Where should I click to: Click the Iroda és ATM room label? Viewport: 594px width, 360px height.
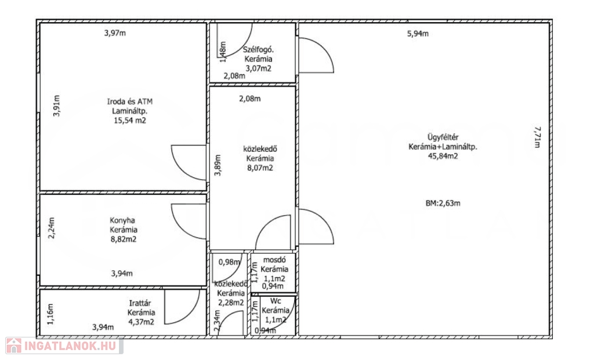(x=130, y=101)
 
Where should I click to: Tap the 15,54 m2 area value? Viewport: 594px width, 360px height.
(x=130, y=121)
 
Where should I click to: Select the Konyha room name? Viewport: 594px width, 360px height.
(x=122, y=220)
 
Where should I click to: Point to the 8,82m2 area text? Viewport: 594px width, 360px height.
(x=124, y=239)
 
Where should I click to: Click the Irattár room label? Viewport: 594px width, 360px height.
(x=140, y=303)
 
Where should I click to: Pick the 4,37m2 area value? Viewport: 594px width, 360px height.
(x=141, y=322)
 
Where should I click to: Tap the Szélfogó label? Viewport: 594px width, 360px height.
(x=258, y=50)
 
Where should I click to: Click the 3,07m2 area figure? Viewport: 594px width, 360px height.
(x=258, y=68)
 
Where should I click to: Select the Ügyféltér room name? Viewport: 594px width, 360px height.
(x=443, y=137)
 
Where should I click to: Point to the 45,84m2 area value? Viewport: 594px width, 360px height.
(x=443, y=156)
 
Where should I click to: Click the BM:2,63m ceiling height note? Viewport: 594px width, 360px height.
(x=443, y=203)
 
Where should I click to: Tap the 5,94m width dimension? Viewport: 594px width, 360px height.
(x=418, y=34)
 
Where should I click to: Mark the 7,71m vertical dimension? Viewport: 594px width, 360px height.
(x=537, y=137)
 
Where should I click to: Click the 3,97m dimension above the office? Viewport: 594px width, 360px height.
(x=115, y=33)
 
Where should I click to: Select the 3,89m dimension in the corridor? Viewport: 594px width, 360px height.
(x=218, y=165)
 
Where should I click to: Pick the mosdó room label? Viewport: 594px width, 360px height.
(x=274, y=260)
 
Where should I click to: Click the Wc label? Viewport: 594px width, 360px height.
(x=276, y=301)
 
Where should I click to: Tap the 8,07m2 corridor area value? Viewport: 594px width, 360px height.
(x=260, y=168)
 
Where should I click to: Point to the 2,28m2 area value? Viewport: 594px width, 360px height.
(x=231, y=303)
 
